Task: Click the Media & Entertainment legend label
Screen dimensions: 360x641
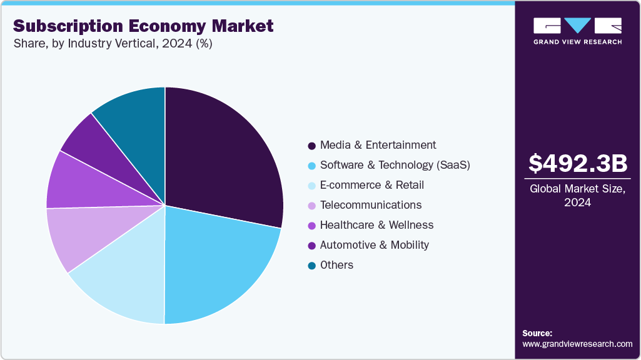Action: (x=378, y=145)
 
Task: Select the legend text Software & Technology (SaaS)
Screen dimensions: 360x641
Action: (x=395, y=165)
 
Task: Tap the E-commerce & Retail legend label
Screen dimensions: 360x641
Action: (x=371, y=185)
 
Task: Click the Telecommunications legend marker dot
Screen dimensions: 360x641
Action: (x=311, y=206)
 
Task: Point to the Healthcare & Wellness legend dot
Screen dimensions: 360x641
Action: (x=311, y=226)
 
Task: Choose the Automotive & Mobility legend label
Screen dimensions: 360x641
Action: (x=374, y=245)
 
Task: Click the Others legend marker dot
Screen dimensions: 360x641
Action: (x=311, y=266)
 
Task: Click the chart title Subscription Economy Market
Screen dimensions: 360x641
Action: (x=143, y=26)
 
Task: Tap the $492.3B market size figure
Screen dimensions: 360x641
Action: (x=577, y=164)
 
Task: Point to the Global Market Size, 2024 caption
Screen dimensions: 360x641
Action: (x=577, y=196)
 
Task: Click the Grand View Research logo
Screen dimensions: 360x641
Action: (x=577, y=30)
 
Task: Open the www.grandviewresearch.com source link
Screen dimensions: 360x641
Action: (x=577, y=344)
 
